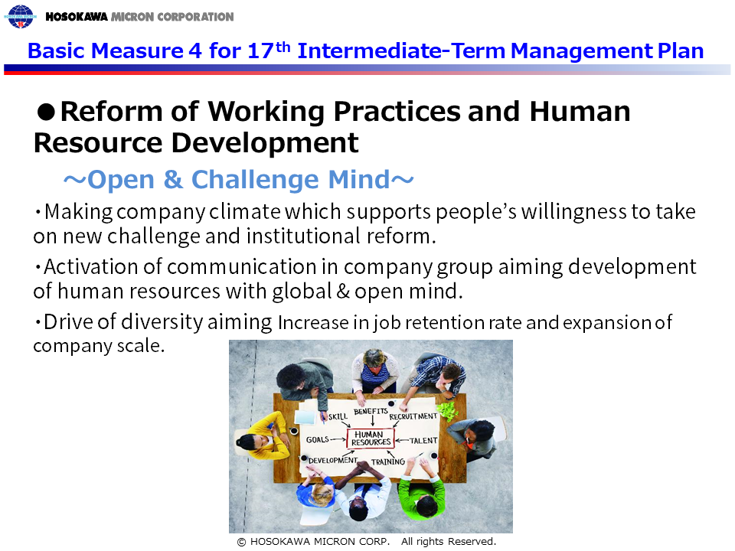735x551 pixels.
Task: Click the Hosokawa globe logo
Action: tap(20, 16)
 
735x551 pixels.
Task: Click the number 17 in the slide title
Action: tap(261, 51)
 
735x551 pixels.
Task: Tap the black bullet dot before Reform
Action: tap(46, 112)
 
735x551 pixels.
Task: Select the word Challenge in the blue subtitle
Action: tap(256, 179)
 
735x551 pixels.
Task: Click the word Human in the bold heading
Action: tap(580, 112)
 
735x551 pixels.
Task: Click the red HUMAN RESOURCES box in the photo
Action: tap(371, 439)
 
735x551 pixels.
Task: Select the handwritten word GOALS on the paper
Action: tap(317, 439)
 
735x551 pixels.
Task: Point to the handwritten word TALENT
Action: tap(423, 441)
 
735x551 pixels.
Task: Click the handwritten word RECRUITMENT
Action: tap(413, 416)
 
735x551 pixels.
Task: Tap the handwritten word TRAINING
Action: tap(388, 461)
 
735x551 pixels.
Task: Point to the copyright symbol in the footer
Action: tap(241, 542)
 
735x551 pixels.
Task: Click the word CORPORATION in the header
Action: tap(195, 17)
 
